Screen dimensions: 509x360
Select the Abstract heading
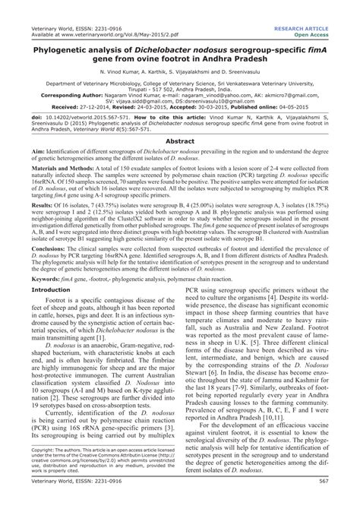coord(179,141)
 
